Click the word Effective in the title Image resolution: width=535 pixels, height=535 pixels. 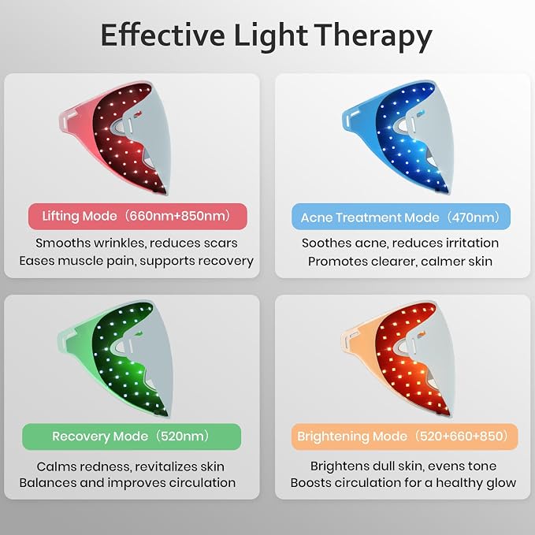(x=163, y=35)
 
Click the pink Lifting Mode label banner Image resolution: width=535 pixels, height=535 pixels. (x=138, y=217)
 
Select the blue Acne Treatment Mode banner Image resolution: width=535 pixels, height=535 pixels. (x=401, y=217)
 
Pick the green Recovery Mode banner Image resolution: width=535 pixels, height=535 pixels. (x=132, y=437)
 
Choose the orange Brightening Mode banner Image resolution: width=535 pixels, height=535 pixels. (x=405, y=437)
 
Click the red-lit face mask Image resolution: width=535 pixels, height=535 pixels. (x=115, y=138)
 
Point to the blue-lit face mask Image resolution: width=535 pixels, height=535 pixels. (x=398, y=138)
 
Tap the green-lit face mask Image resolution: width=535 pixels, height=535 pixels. (x=115, y=359)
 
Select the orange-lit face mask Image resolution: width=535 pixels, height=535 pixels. (x=398, y=359)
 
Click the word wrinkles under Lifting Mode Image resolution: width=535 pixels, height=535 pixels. (x=120, y=243)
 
